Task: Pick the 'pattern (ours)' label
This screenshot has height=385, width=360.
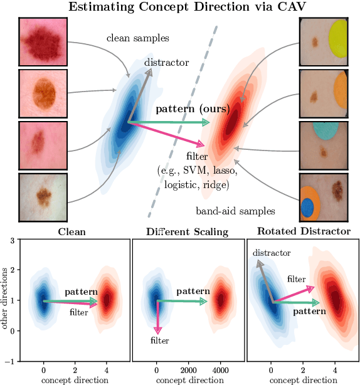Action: pyautogui.click(x=192, y=108)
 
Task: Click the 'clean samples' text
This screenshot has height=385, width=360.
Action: pyautogui.click(x=138, y=38)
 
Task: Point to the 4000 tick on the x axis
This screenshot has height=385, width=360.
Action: pyautogui.click(x=220, y=371)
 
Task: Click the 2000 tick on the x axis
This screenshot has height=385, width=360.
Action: pyautogui.click(x=188, y=371)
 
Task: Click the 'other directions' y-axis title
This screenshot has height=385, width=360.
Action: pyautogui.click(x=6, y=300)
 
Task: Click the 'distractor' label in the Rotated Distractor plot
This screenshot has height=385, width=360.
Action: pyautogui.click(x=272, y=253)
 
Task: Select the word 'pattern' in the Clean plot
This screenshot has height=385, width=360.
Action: pyautogui.click(x=80, y=292)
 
